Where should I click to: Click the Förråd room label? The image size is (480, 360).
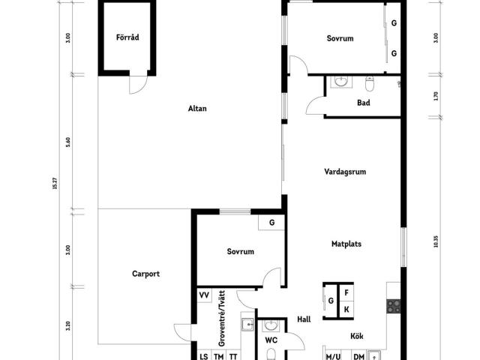[127, 37]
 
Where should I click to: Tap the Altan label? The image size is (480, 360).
[197, 108]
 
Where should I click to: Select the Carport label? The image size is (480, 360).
[145, 274]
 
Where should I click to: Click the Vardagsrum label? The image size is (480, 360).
[345, 172]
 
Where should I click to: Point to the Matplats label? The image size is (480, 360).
[346, 244]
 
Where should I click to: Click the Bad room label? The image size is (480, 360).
[363, 103]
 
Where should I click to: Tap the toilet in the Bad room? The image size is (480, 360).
[370, 83]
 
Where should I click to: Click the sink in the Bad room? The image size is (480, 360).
[340, 82]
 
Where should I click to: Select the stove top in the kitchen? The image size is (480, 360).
[393, 306]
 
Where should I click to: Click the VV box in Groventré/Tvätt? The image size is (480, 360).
[204, 295]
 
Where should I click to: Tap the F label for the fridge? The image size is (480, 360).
[346, 293]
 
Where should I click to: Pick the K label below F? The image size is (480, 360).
[346, 310]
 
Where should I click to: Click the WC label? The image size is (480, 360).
[271, 340]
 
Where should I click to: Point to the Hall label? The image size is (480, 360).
[304, 319]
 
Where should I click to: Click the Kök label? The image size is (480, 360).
[357, 336]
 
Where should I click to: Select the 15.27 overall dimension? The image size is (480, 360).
[55, 183]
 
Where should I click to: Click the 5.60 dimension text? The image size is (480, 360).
[68, 142]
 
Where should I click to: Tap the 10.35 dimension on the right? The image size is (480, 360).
[436, 241]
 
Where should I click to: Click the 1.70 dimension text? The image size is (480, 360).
[436, 96]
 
